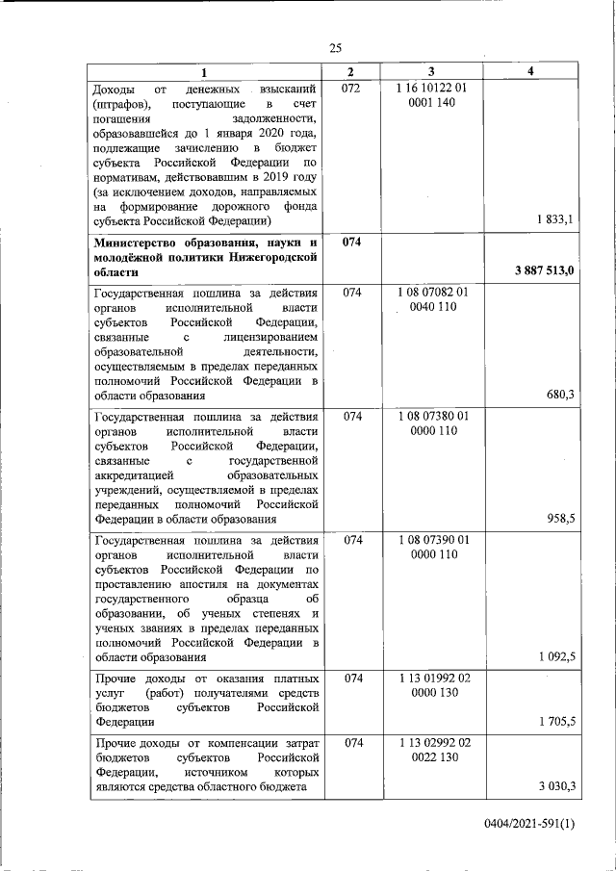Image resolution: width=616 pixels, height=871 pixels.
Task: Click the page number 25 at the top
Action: click(336, 49)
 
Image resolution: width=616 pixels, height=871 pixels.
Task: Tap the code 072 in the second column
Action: click(351, 89)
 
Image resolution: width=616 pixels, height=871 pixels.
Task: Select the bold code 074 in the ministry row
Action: click(351, 242)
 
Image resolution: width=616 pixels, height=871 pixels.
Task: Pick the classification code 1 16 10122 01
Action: click(431, 89)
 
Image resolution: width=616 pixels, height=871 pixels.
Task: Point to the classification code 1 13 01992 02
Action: click(431, 679)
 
